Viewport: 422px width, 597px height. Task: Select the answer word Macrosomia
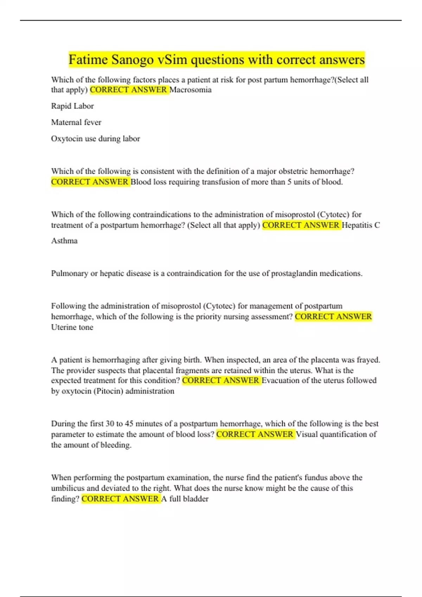click(191, 90)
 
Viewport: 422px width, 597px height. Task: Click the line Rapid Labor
click(72, 106)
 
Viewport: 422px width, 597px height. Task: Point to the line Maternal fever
click(76, 122)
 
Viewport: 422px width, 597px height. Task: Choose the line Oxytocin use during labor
click(96, 139)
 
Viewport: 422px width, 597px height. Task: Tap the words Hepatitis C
click(361, 225)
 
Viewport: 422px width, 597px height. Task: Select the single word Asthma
click(64, 241)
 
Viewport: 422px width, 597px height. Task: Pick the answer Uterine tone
click(72, 327)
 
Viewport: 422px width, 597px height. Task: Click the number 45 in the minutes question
click(129, 424)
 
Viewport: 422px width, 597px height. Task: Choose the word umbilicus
click(68, 488)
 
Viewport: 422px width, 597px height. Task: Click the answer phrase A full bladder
click(185, 499)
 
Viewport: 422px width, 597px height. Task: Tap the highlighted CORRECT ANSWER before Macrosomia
click(129, 90)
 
